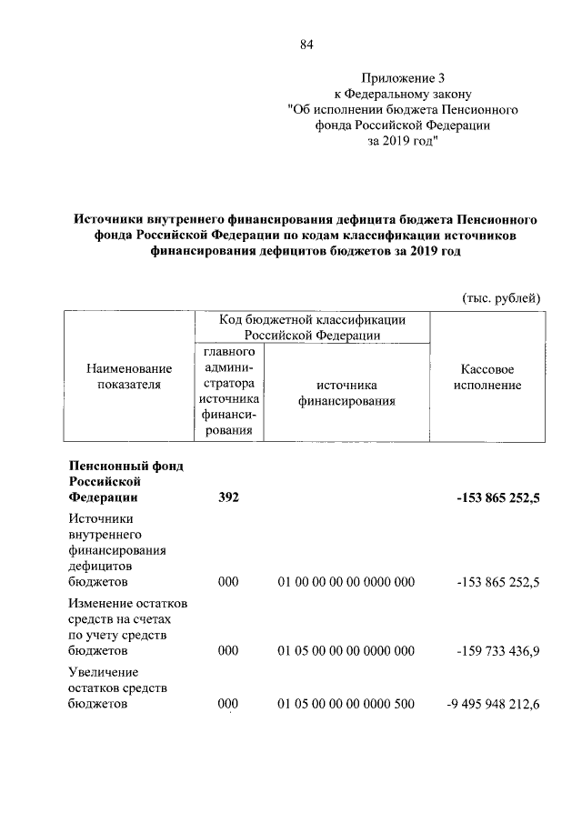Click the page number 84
pyautogui.click(x=306, y=45)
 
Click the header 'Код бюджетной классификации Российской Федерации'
pyautogui.click(x=312, y=327)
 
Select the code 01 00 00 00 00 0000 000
pyautogui.click(x=346, y=582)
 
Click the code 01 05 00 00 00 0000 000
pyautogui.click(x=346, y=651)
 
